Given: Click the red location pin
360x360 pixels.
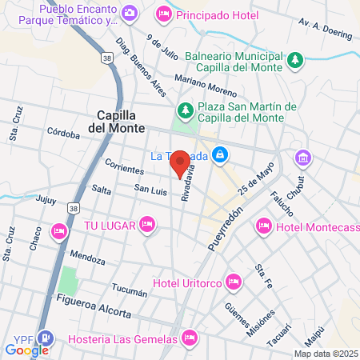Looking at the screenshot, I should [x=181, y=162].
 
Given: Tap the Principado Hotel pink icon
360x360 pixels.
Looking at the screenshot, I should [x=163, y=13].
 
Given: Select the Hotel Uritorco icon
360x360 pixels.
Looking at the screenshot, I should [x=234, y=281].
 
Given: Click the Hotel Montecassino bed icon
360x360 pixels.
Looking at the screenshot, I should [x=264, y=227].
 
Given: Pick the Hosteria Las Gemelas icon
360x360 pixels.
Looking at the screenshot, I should [x=189, y=337].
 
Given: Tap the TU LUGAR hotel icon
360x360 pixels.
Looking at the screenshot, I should [x=146, y=223].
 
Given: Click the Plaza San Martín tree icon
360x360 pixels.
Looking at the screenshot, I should [x=185, y=108].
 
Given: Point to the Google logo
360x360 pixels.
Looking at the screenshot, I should [x=26, y=349].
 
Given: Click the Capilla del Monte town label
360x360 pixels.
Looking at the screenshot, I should [x=117, y=121].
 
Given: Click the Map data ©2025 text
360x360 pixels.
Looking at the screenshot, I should [x=326, y=354].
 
